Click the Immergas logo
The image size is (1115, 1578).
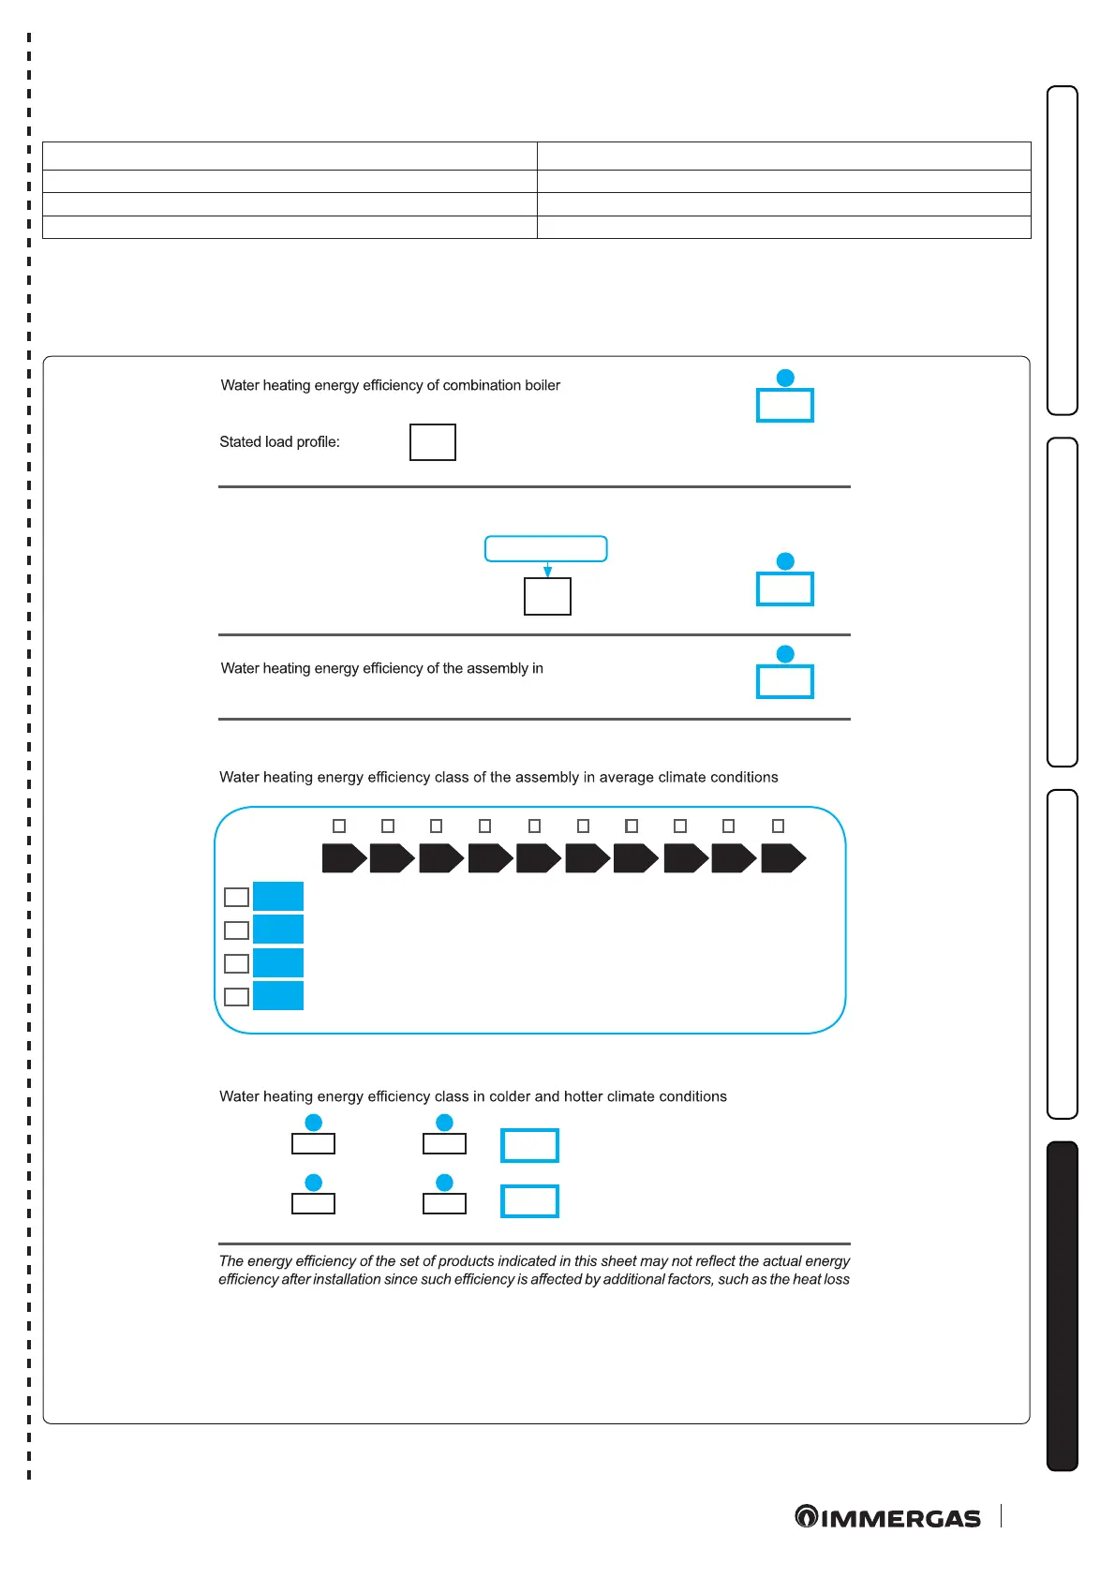[887, 1517]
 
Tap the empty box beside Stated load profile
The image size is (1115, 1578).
[432, 442]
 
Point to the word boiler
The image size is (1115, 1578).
[542, 385]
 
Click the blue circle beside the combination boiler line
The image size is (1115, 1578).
[785, 378]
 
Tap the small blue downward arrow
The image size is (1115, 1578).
[547, 571]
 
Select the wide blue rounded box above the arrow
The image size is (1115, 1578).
[545, 549]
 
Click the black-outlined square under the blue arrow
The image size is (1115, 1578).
[547, 596]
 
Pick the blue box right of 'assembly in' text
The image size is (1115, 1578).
[784, 681]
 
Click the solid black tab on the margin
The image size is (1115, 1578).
[1062, 1305]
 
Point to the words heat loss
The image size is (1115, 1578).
[821, 1279]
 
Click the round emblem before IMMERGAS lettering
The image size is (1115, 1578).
[806, 1516]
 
